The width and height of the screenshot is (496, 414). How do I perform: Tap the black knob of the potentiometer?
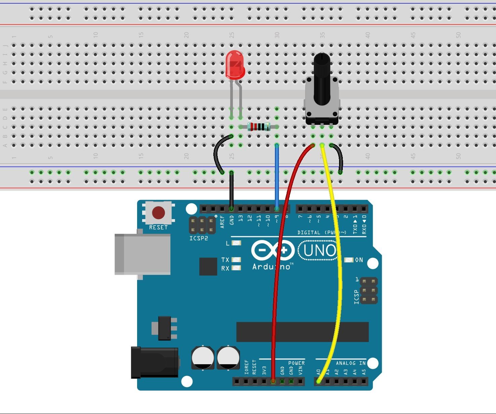click(x=322, y=77)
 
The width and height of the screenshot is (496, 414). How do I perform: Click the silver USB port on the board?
click(x=142, y=254)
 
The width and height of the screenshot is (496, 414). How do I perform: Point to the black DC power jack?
click(x=155, y=363)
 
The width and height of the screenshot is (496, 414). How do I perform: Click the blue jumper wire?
click(x=277, y=175)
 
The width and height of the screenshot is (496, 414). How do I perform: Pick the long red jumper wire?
click(x=278, y=269)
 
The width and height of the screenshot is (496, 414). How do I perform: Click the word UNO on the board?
click(x=319, y=250)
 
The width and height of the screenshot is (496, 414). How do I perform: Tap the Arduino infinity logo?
click(x=273, y=250)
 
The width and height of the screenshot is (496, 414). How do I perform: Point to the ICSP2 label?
click(x=199, y=238)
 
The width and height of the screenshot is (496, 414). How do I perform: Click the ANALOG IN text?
click(x=350, y=363)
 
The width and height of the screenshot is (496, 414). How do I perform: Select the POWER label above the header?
click(x=296, y=363)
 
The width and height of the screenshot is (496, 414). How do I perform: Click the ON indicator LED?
click(x=349, y=260)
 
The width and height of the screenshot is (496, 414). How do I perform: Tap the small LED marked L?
click(x=237, y=243)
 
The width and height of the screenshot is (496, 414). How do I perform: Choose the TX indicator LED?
click(x=237, y=260)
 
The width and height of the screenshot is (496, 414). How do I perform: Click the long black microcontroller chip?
click(x=302, y=332)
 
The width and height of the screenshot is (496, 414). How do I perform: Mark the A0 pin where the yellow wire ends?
click(x=318, y=382)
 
